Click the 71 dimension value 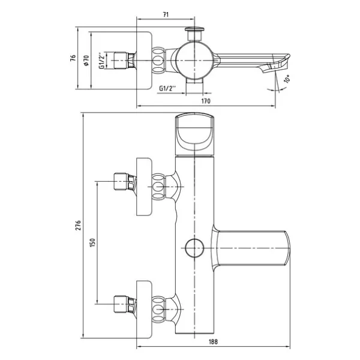(x=166, y=14)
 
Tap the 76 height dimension (x=73, y=58)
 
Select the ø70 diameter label (x=86, y=60)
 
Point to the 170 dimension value (x=206, y=101)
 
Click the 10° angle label (x=287, y=79)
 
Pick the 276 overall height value (x=78, y=225)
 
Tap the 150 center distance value (x=92, y=242)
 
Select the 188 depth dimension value (x=213, y=341)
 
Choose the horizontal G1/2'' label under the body (x=167, y=88)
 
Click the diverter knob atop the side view (x=194, y=34)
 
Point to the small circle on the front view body (x=194, y=248)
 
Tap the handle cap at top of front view (x=194, y=134)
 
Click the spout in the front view (x=251, y=248)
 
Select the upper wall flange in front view (x=144, y=187)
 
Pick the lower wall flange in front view (x=144, y=310)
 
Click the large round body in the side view (x=194, y=61)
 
